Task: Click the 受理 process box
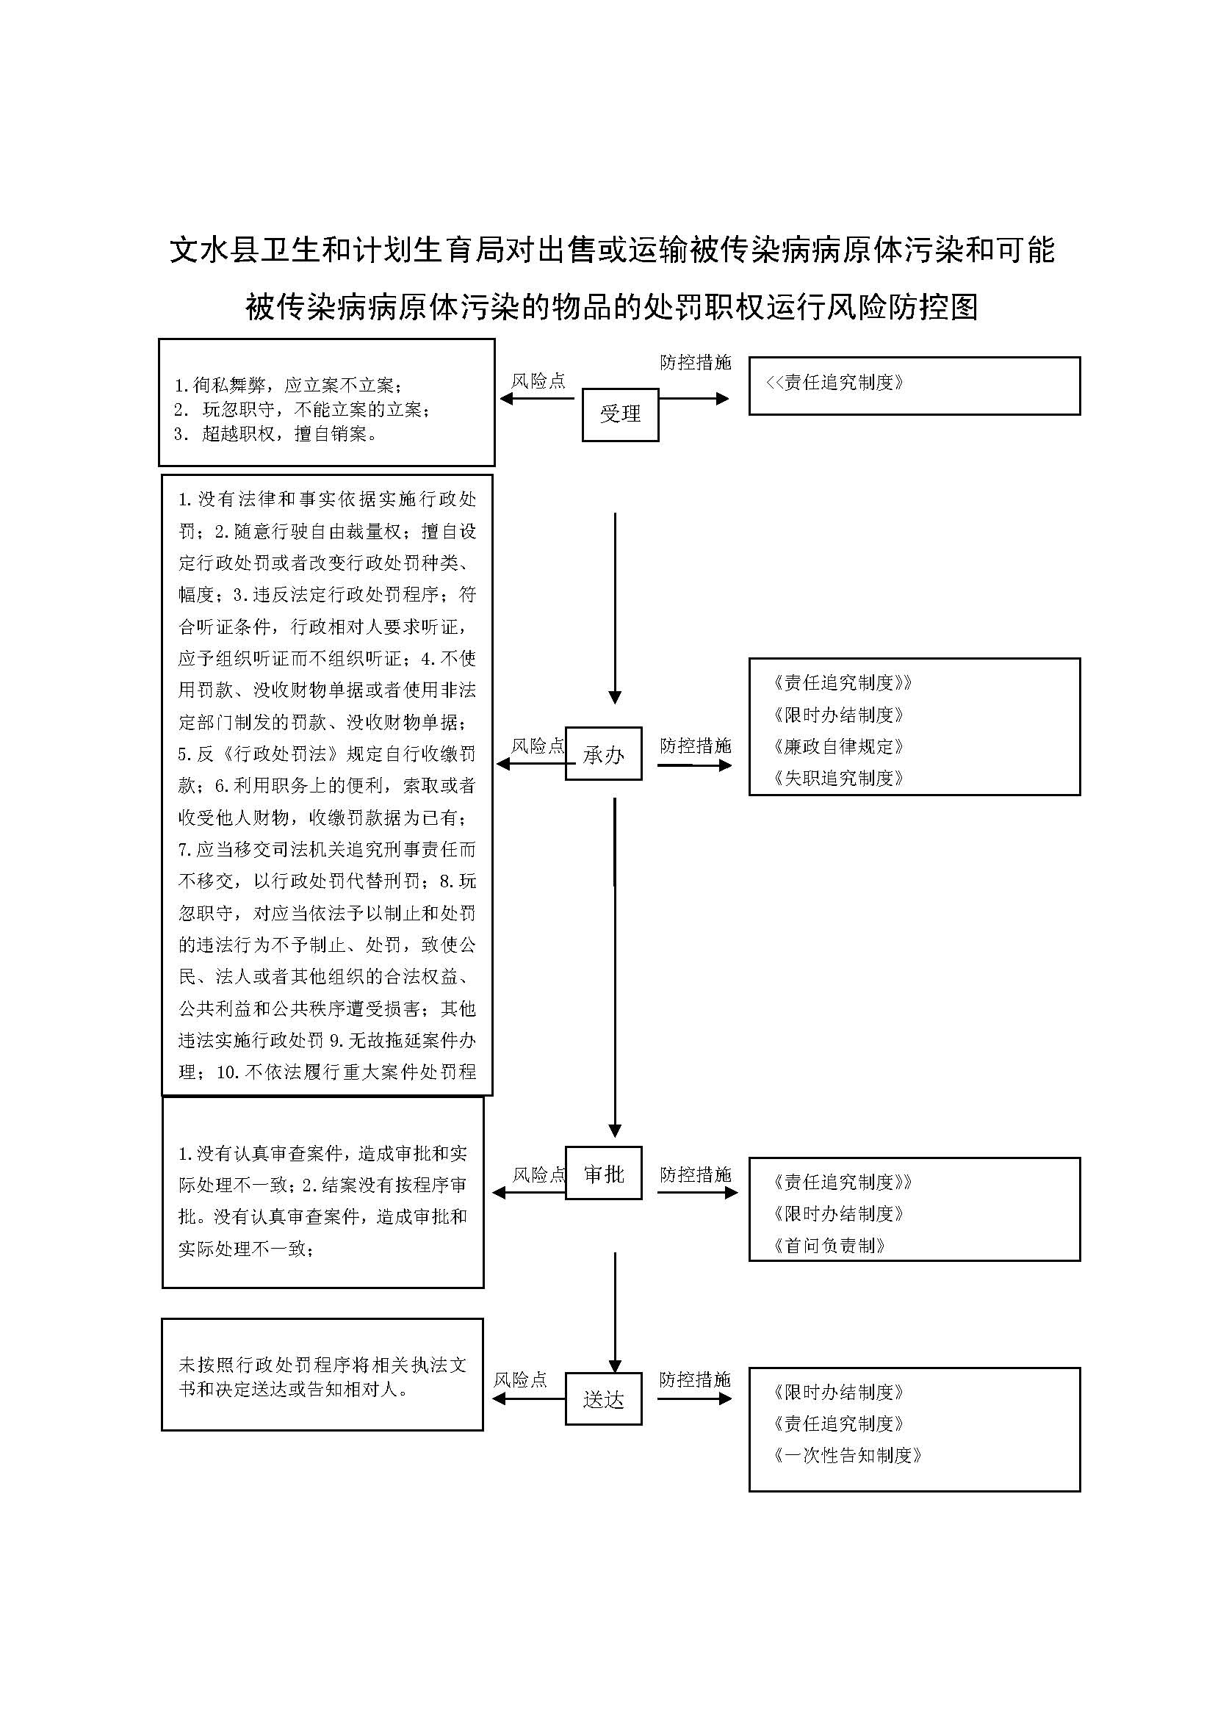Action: coord(619,414)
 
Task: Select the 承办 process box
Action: coord(603,754)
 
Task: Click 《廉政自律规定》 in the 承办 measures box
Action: coord(838,747)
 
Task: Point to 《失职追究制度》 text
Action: coord(838,778)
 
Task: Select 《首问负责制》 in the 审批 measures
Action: coord(829,1245)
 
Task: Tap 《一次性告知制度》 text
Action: coord(847,1455)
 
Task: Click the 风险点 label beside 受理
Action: coord(538,381)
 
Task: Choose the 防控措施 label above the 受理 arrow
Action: coord(695,363)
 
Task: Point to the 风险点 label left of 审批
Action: coord(538,1174)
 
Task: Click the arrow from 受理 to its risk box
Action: coord(536,399)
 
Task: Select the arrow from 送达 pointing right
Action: coord(693,1398)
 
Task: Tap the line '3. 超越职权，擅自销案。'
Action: coord(275,434)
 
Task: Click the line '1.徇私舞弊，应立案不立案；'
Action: coord(288,386)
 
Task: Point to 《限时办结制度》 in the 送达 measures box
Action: coord(838,1392)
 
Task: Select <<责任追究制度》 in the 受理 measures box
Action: coord(834,383)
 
